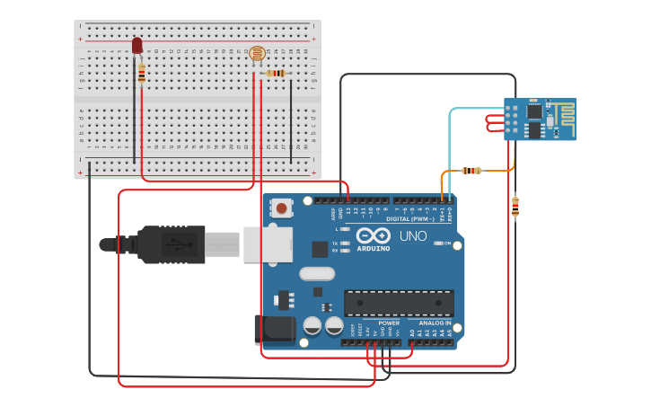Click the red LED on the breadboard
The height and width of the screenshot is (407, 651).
[x=137, y=45]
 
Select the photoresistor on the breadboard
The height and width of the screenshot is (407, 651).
[x=258, y=55]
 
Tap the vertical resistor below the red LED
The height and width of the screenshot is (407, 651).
[x=142, y=74]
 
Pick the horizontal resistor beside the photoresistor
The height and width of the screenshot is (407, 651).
[x=277, y=73]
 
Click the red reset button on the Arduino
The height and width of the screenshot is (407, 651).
[x=282, y=208]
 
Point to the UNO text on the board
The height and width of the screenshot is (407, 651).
[x=413, y=236]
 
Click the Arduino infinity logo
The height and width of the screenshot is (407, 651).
[x=373, y=235]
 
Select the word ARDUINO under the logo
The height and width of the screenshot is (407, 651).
[x=373, y=248]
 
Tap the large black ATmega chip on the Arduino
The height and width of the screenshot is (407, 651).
[x=399, y=304]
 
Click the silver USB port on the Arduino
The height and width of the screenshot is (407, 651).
[x=267, y=243]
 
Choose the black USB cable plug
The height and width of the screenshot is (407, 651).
[x=171, y=243]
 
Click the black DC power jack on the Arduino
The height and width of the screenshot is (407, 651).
[x=273, y=330]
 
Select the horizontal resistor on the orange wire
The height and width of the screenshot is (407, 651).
[x=471, y=170]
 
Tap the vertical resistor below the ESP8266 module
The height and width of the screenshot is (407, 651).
[x=515, y=207]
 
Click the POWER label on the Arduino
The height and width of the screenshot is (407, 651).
[x=389, y=323]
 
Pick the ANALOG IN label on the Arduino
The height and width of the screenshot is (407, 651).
[x=435, y=323]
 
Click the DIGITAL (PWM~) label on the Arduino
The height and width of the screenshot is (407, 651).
[x=409, y=218]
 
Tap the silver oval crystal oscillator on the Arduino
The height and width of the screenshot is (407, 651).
[x=316, y=273]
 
